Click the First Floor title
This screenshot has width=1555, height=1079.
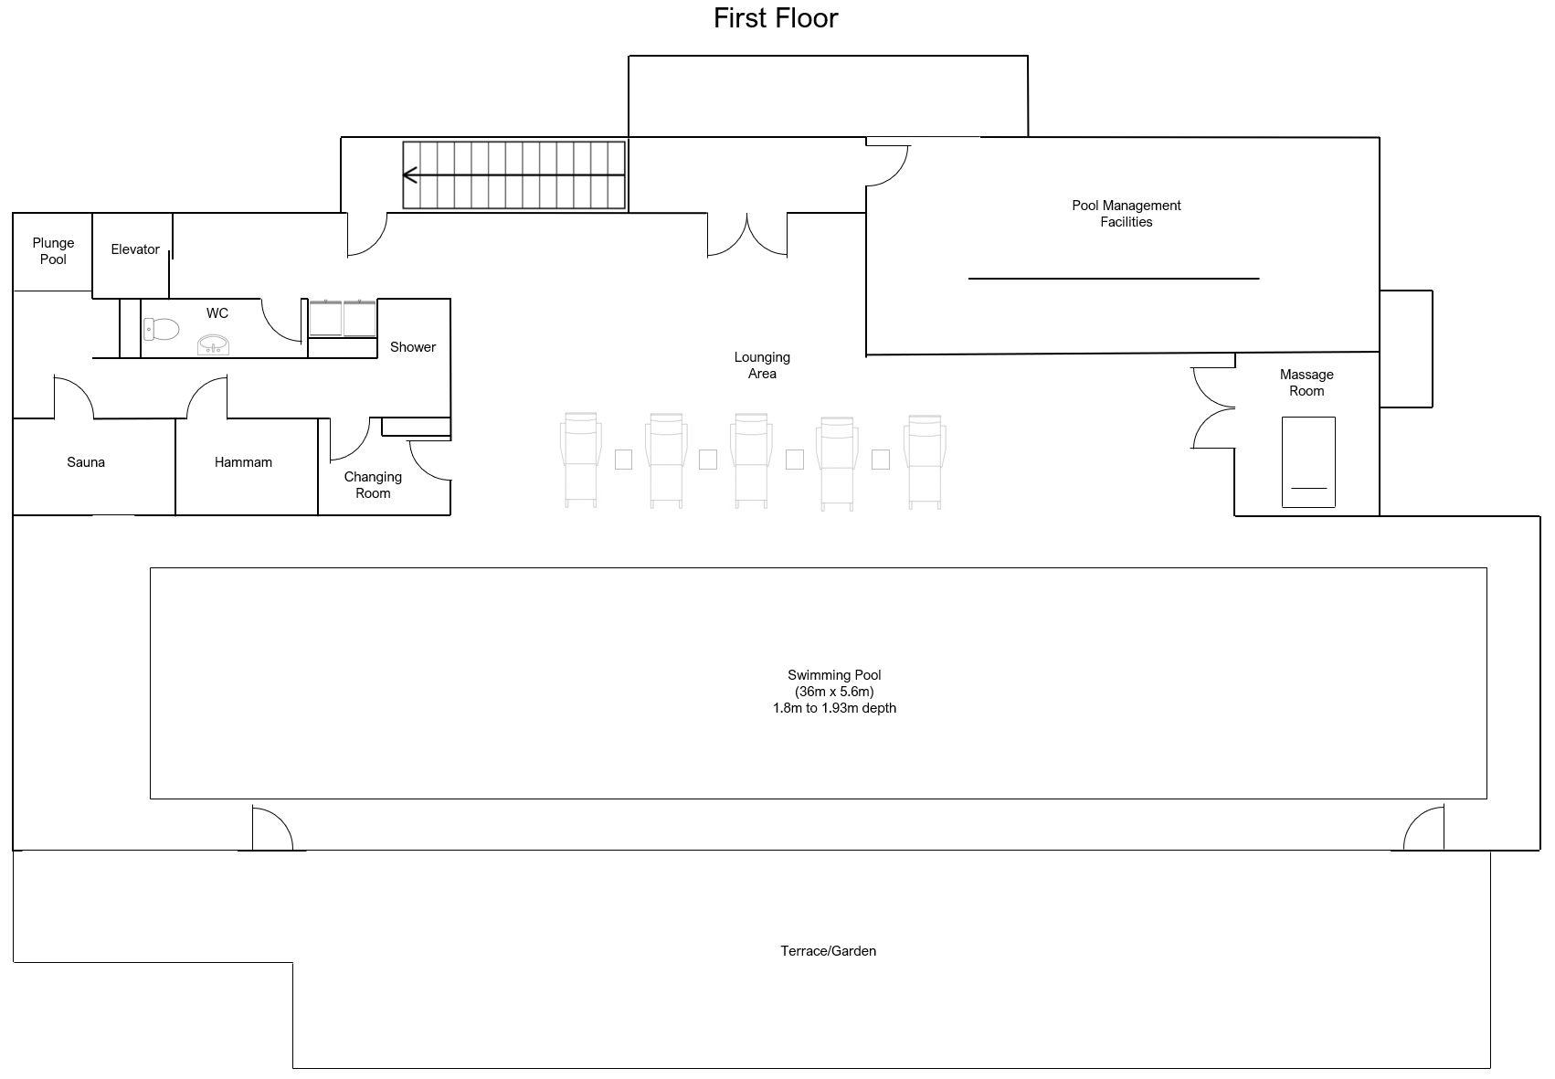coord(775,18)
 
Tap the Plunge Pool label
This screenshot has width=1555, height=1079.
coord(53,251)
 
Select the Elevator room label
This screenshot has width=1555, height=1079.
coord(135,249)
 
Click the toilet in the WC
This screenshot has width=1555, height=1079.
coord(162,329)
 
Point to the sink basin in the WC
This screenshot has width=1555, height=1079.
coord(214,344)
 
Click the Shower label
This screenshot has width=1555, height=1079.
coord(413,347)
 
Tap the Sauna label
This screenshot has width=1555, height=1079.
coord(86,462)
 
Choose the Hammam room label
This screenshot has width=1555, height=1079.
coord(243,462)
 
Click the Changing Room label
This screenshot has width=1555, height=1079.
coord(373,485)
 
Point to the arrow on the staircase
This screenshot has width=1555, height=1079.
coord(411,175)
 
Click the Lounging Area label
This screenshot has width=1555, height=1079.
coord(762,365)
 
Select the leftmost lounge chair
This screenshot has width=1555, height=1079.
coord(581,460)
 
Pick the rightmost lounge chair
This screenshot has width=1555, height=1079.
coord(924,460)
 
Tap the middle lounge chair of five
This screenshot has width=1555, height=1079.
coord(751,460)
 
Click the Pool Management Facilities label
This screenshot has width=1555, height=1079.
coord(1126,214)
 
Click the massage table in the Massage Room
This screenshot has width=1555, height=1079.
coord(1308,461)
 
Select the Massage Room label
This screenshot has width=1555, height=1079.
coord(1306,383)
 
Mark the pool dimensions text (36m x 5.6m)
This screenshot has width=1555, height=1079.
coord(834,692)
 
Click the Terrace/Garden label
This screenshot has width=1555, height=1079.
coord(828,951)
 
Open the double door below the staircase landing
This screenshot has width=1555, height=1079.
coord(747,235)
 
